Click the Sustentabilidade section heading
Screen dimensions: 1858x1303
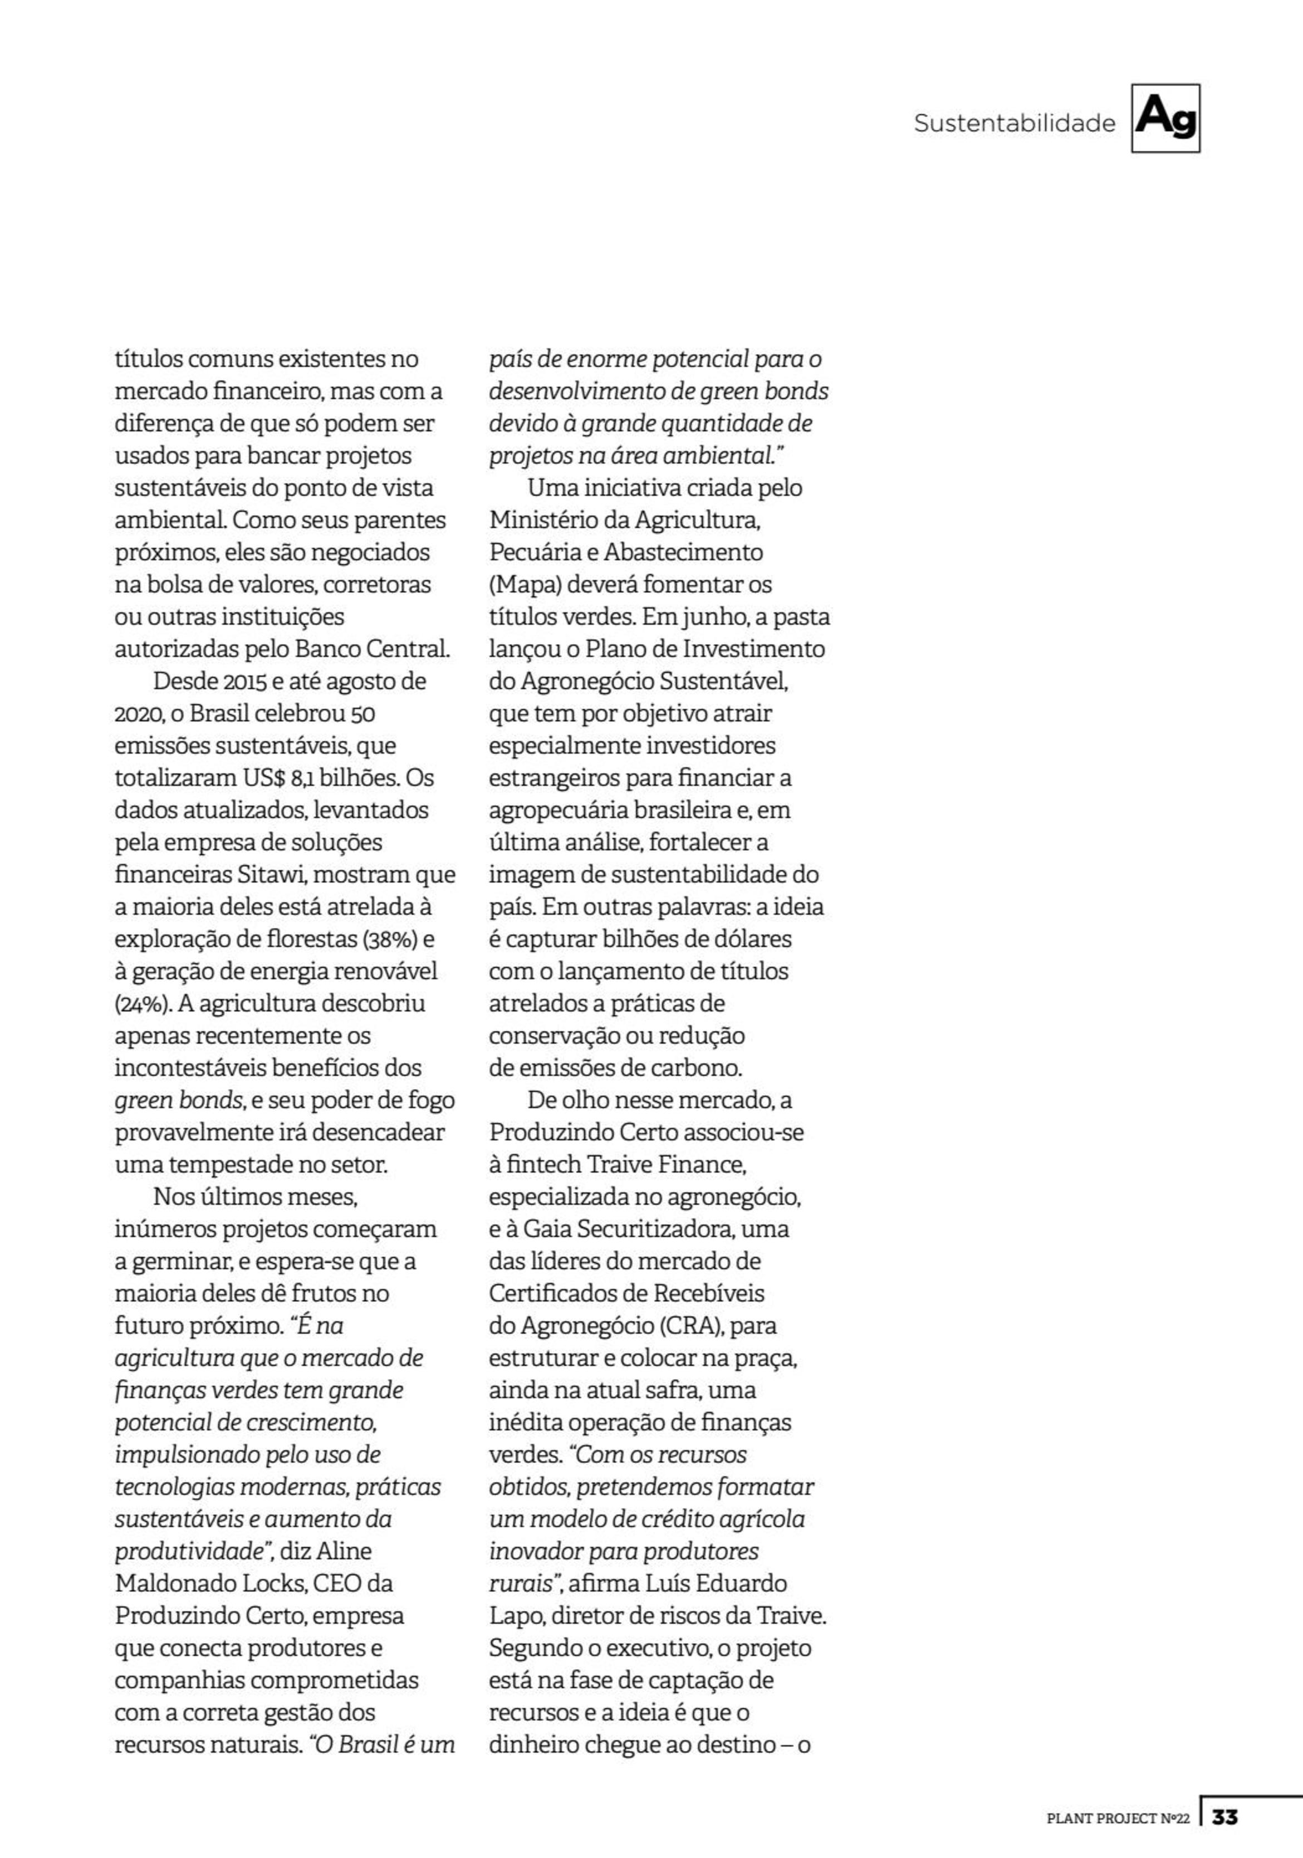1013,124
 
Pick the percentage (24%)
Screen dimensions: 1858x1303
143,1004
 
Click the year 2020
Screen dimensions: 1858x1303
137,714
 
